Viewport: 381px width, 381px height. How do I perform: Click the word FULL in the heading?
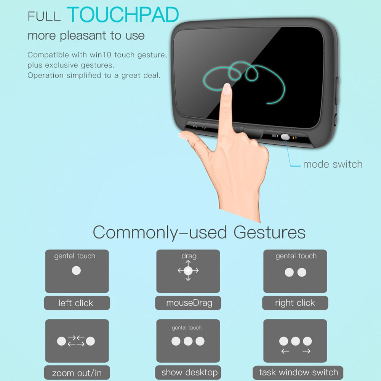(x=44, y=16)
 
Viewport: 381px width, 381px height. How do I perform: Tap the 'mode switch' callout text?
(x=333, y=164)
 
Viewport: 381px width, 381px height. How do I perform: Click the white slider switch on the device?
(x=285, y=137)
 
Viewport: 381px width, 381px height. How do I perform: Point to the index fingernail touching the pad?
(x=227, y=89)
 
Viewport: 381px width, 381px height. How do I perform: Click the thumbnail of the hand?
(x=183, y=136)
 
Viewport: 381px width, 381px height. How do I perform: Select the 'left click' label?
(x=76, y=303)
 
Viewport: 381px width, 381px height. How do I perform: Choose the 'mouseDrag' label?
(x=189, y=303)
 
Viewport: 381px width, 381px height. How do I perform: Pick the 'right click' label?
(x=295, y=303)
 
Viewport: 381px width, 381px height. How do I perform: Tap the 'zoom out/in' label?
(x=77, y=373)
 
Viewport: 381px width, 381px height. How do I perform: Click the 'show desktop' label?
(x=189, y=372)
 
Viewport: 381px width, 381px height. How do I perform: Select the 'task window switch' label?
(x=298, y=372)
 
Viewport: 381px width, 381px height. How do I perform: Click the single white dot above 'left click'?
(x=76, y=271)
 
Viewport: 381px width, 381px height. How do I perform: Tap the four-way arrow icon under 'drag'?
(x=188, y=271)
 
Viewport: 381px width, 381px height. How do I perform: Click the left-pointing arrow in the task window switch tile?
(x=285, y=351)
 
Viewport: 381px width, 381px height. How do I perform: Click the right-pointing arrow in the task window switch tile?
(x=306, y=351)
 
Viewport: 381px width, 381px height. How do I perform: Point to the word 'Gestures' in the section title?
(x=269, y=232)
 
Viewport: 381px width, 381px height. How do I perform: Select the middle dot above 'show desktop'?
(x=188, y=341)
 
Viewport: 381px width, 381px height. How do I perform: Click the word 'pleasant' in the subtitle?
(x=83, y=36)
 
